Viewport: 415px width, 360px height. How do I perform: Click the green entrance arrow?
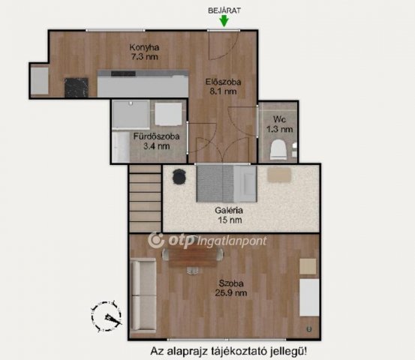[224, 21]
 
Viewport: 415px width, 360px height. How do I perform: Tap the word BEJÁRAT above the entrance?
[224, 10]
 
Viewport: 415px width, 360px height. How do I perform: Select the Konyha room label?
[144, 47]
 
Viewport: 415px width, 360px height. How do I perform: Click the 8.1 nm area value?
[223, 91]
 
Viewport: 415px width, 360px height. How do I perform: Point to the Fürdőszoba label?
[156, 136]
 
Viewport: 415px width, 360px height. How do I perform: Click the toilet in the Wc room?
[278, 150]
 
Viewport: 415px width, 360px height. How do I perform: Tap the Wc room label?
[279, 119]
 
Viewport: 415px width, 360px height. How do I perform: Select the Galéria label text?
[229, 211]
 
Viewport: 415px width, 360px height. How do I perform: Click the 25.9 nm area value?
[231, 293]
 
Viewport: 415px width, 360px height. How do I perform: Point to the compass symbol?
[107, 316]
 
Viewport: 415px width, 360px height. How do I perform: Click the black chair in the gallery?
[179, 177]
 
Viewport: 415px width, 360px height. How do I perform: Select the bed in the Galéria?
[227, 183]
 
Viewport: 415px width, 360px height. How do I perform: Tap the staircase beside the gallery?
[145, 198]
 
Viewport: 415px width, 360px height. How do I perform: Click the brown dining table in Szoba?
[193, 255]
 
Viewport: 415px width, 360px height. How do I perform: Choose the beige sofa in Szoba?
[144, 295]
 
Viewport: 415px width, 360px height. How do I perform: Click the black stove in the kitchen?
[77, 87]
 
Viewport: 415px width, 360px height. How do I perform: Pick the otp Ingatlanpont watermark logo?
[207, 241]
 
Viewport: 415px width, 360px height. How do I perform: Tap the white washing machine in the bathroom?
[168, 114]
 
